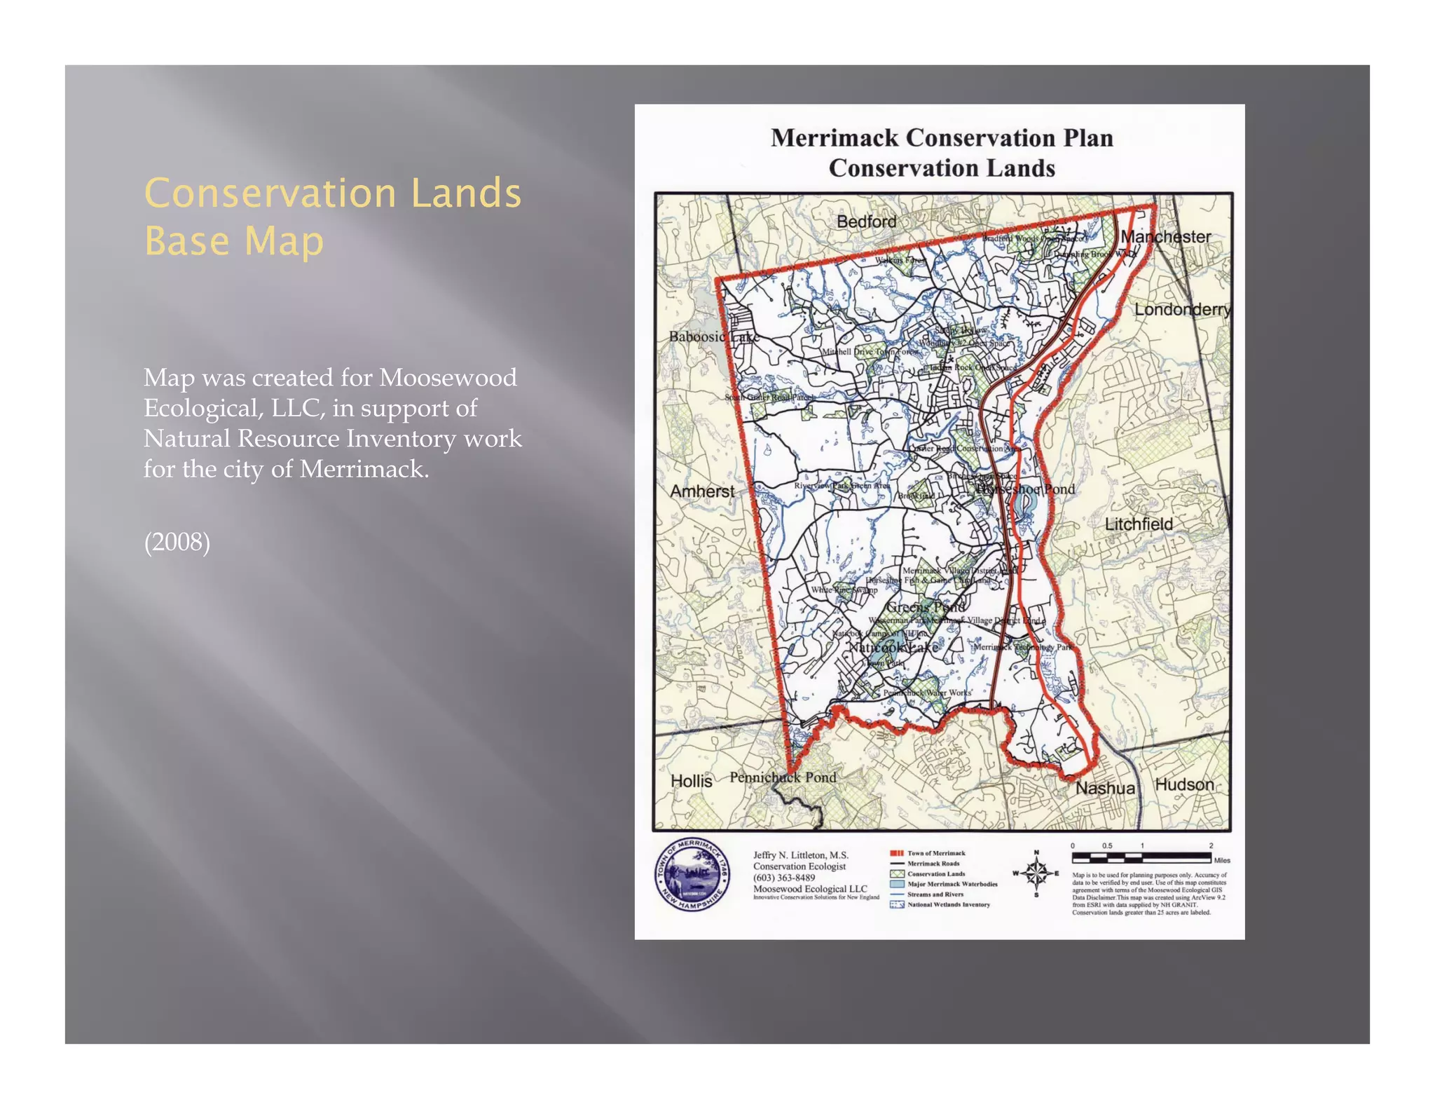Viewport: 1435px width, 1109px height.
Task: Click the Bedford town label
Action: tap(866, 222)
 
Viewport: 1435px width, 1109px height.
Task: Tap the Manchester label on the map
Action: tap(1165, 237)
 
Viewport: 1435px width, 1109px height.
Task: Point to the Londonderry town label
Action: tap(1182, 309)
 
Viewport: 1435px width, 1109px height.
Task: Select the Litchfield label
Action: tap(1138, 524)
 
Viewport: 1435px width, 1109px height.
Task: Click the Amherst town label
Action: tap(702, 491)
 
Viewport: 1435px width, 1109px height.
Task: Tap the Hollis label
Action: tap(691, 781)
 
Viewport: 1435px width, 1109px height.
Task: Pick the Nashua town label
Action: tap(1105, 788)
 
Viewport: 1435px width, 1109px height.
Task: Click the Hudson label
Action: tap(1184, 784)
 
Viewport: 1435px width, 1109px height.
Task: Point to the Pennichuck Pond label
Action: tap(783, 777)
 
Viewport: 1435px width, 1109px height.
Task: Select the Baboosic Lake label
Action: tap(713, 336)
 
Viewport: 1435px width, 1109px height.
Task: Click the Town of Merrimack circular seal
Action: tap(692, 875)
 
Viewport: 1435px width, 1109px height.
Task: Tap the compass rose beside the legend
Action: tap(1036, 873)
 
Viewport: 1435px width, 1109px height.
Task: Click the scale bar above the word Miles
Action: tap(1141, 857)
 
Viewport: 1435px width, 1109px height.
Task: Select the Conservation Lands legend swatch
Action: tap(898, 874)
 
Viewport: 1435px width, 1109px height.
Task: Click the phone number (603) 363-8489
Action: tap(784, 878)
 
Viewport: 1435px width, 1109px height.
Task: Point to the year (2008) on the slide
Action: tap(177, 542)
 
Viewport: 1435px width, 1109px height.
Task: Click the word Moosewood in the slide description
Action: tap(448, 378)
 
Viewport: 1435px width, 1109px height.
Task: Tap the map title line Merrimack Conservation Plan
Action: tap(942, 138)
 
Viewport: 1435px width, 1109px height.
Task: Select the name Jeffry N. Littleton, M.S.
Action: tap(801, 855)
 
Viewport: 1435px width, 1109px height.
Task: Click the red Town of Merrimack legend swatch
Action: tap(898, 853)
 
